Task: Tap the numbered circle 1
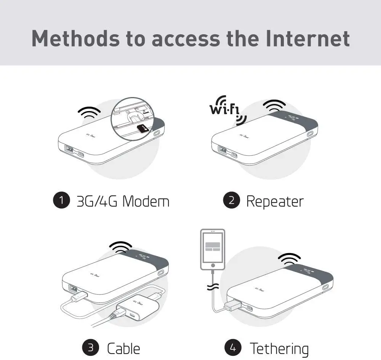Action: (x=61, y=201)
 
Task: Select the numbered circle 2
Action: (x=231, y=201)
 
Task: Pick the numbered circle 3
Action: (x=91, y=348)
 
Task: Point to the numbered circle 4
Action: (x=233, y=348)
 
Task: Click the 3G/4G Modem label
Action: (x=123, y=201)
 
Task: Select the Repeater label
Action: (x=275, y=201)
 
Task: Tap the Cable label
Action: (x=123, y=348)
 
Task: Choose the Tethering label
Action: (x=279, y=348)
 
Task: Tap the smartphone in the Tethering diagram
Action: (x=213, y=249)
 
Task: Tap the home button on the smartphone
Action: (x=213, y=265)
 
